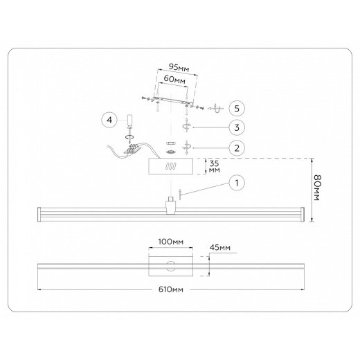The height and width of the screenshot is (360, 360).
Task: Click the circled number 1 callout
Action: [236, 183]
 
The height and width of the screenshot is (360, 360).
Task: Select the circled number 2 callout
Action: [236, 147]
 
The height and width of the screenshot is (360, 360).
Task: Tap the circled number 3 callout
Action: [236, 127]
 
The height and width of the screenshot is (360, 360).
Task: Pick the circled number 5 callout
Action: [236, 109]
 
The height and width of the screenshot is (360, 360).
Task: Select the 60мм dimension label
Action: [176, 81]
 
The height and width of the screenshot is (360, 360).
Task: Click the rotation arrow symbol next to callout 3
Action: [186, 127]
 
